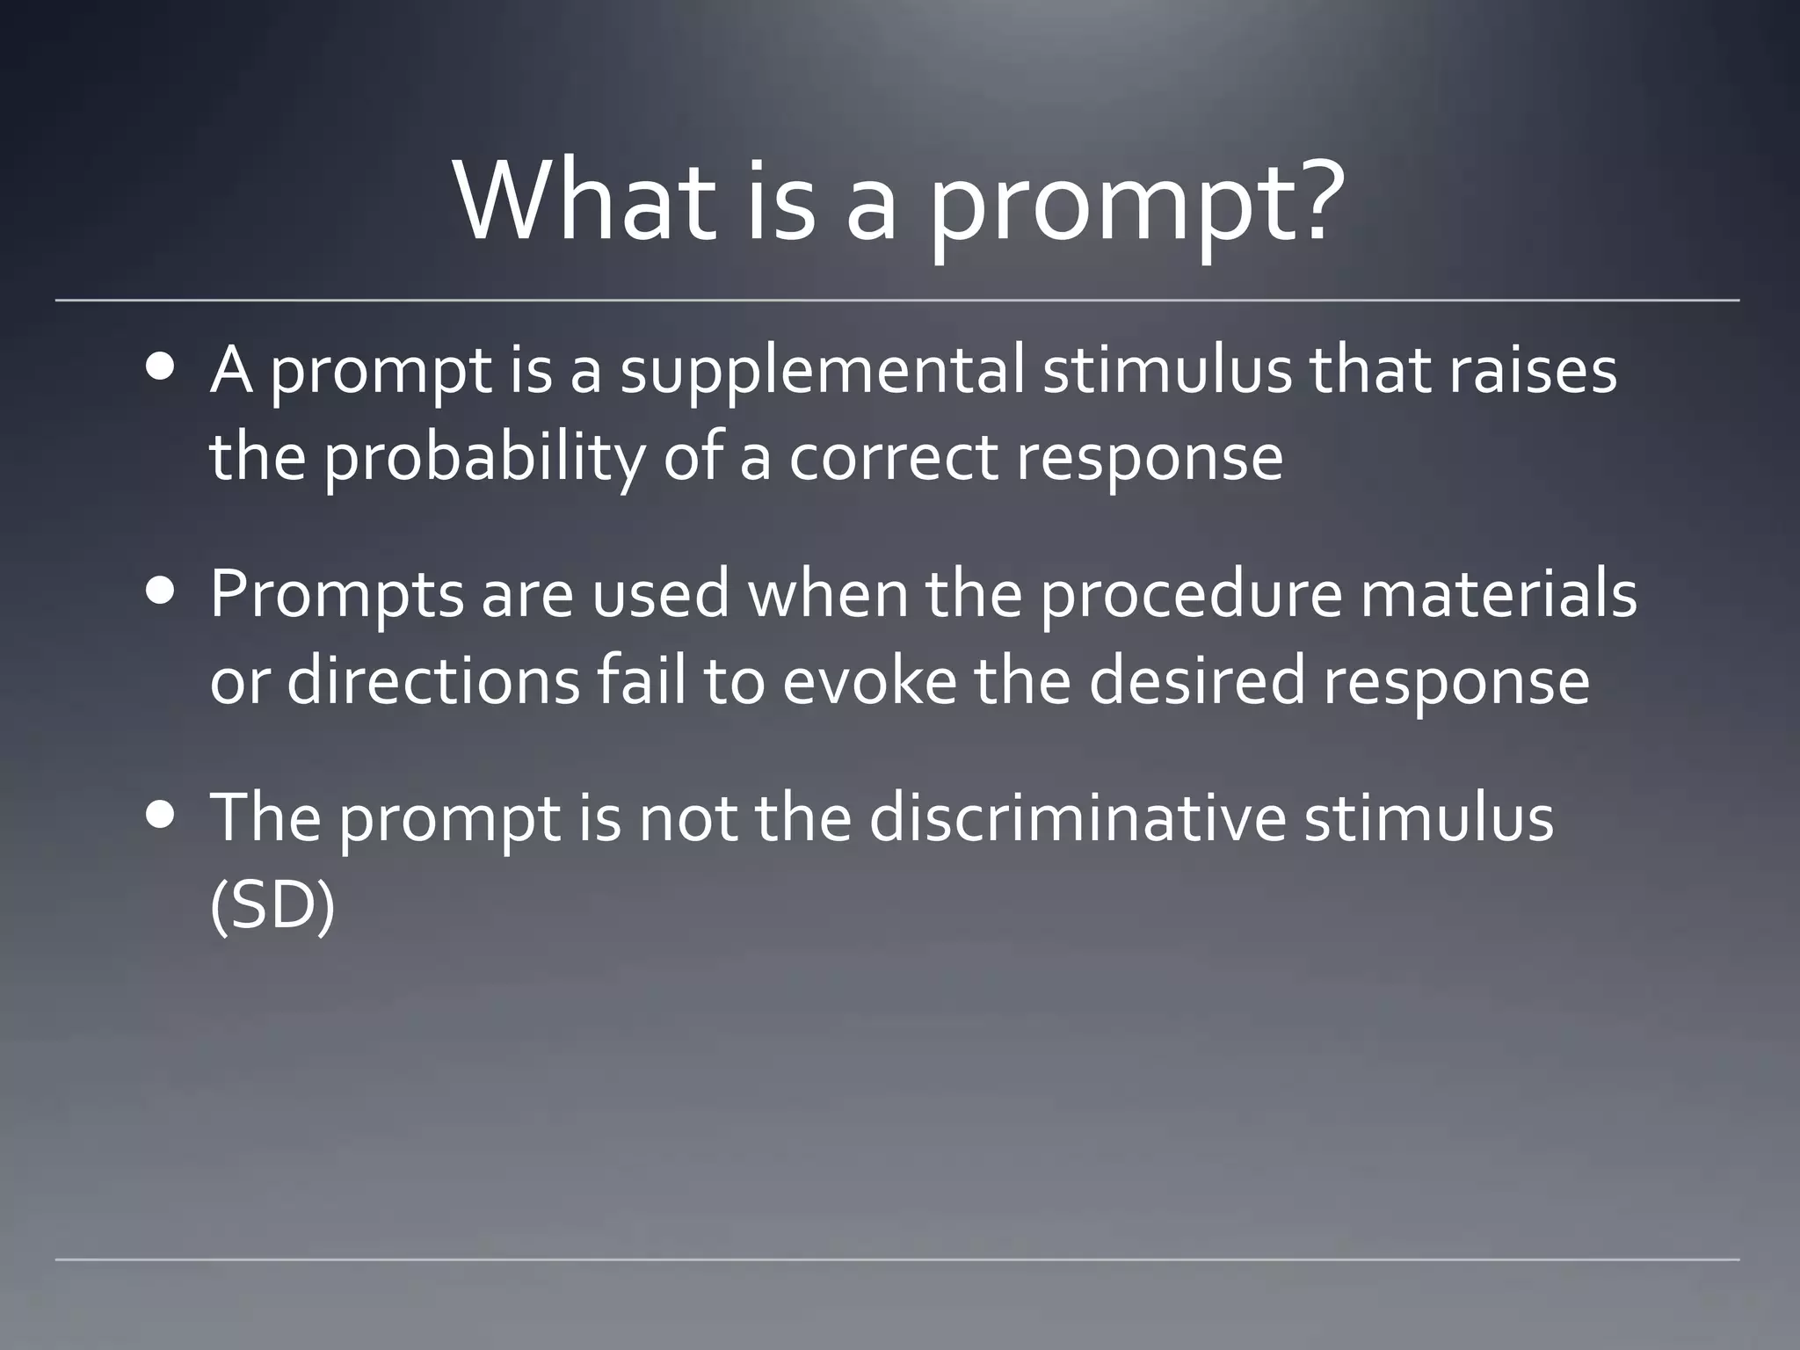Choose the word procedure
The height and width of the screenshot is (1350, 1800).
tap(1192, 596)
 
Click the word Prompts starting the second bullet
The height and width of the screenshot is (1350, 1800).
tap(337, 596)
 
